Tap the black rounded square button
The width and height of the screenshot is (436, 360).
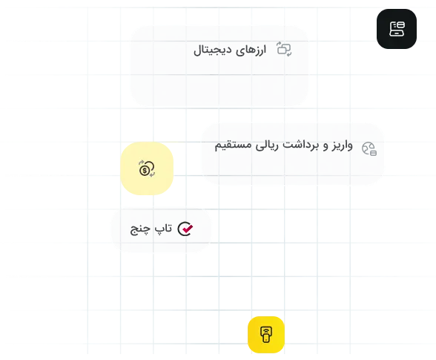tap(397, 29)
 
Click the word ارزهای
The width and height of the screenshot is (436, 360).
tap(251, 50)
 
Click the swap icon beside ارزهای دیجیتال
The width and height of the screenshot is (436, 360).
tap(284, 49)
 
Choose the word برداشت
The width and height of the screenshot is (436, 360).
tap(301, 145)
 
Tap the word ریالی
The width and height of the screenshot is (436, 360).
tap(267, 145)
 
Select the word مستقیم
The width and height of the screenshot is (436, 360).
tap(233, 145)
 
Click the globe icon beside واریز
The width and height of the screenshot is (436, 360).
tap(369, 148)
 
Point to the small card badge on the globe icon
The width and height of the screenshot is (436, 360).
tap(374, 153)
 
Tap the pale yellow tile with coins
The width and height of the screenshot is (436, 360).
tap(147, 168)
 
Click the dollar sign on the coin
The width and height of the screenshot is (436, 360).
tap(145, 171)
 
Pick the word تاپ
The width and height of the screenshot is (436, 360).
tap(163, 229)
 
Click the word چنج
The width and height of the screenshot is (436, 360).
tap(140, 229)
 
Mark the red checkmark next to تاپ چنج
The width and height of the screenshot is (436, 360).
tap(188, 229)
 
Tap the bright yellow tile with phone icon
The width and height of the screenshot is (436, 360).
tap(266, 335)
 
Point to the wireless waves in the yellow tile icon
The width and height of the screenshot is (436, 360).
tap(266, 331)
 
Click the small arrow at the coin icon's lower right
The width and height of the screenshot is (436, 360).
tap(153, 174)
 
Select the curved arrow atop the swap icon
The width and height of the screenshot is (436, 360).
tap(279, 44)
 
